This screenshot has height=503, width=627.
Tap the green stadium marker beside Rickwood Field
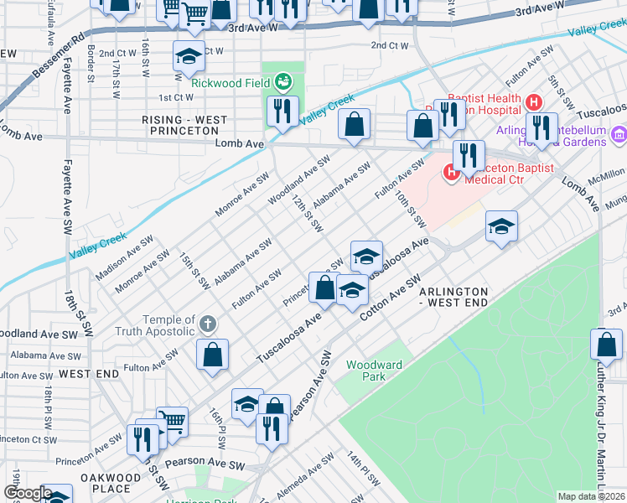pos(284,81)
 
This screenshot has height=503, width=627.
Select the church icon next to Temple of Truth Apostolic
pos(208,323)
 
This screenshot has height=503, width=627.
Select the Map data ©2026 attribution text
pos(590,496)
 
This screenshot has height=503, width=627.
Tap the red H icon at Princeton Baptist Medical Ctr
pos(451,172)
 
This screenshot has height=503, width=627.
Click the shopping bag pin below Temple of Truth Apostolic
pos(213,353)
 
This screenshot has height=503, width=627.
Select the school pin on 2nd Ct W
pos(189,57)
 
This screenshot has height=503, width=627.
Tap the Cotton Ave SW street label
pos(389,298)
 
